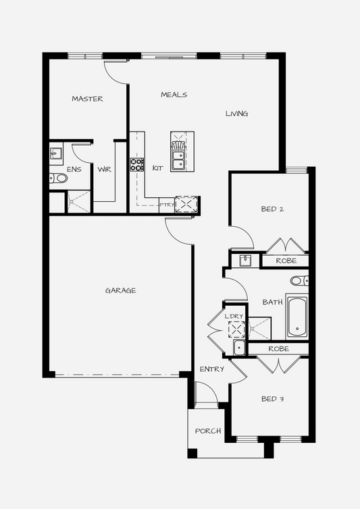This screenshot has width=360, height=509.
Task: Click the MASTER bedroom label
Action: (x=87, y=99)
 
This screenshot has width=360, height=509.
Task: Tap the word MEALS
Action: (x=174, y=95)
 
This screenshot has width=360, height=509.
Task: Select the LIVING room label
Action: (x=237, y=113)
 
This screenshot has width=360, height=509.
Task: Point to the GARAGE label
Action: (x=120, y=290)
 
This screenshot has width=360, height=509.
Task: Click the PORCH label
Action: (x=208, y=431)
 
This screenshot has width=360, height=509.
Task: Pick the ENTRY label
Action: (x=212, y=369)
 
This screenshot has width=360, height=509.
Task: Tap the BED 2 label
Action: (x=273, y=209)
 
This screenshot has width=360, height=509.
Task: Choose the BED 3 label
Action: (x=273, y=399)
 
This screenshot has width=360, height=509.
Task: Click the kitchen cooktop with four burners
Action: (x=137, y=165)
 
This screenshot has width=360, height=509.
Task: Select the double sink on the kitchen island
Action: (x=178, y=160)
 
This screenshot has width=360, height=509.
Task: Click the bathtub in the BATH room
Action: (x=297, y=317)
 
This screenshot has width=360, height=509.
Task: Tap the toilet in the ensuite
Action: (x=59, y=178)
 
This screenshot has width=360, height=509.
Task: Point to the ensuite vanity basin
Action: (x=55, y=153)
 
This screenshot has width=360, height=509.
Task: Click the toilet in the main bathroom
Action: (x=299, y=280)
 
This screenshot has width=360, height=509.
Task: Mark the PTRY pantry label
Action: (x=167, y=205)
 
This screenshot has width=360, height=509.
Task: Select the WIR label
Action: (x=104, y=169)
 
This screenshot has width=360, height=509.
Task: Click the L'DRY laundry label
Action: (x=234, y=316)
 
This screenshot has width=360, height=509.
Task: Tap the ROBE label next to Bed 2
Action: (x=286, y=261)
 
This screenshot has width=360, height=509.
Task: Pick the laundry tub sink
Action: (x=239, y=348)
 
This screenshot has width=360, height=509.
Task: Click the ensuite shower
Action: (x=78, y=202)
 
